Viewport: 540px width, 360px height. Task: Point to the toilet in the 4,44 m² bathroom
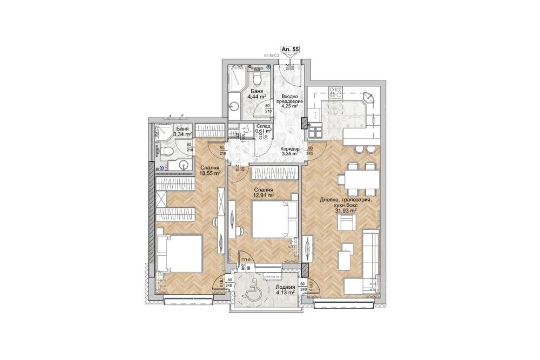pyautogui.click(x=259, y=79)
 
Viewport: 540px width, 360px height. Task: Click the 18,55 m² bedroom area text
pyautogui.click(x=210, y=171)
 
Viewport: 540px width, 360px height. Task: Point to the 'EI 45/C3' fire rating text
pyautogui.click(x=274, y=55)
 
